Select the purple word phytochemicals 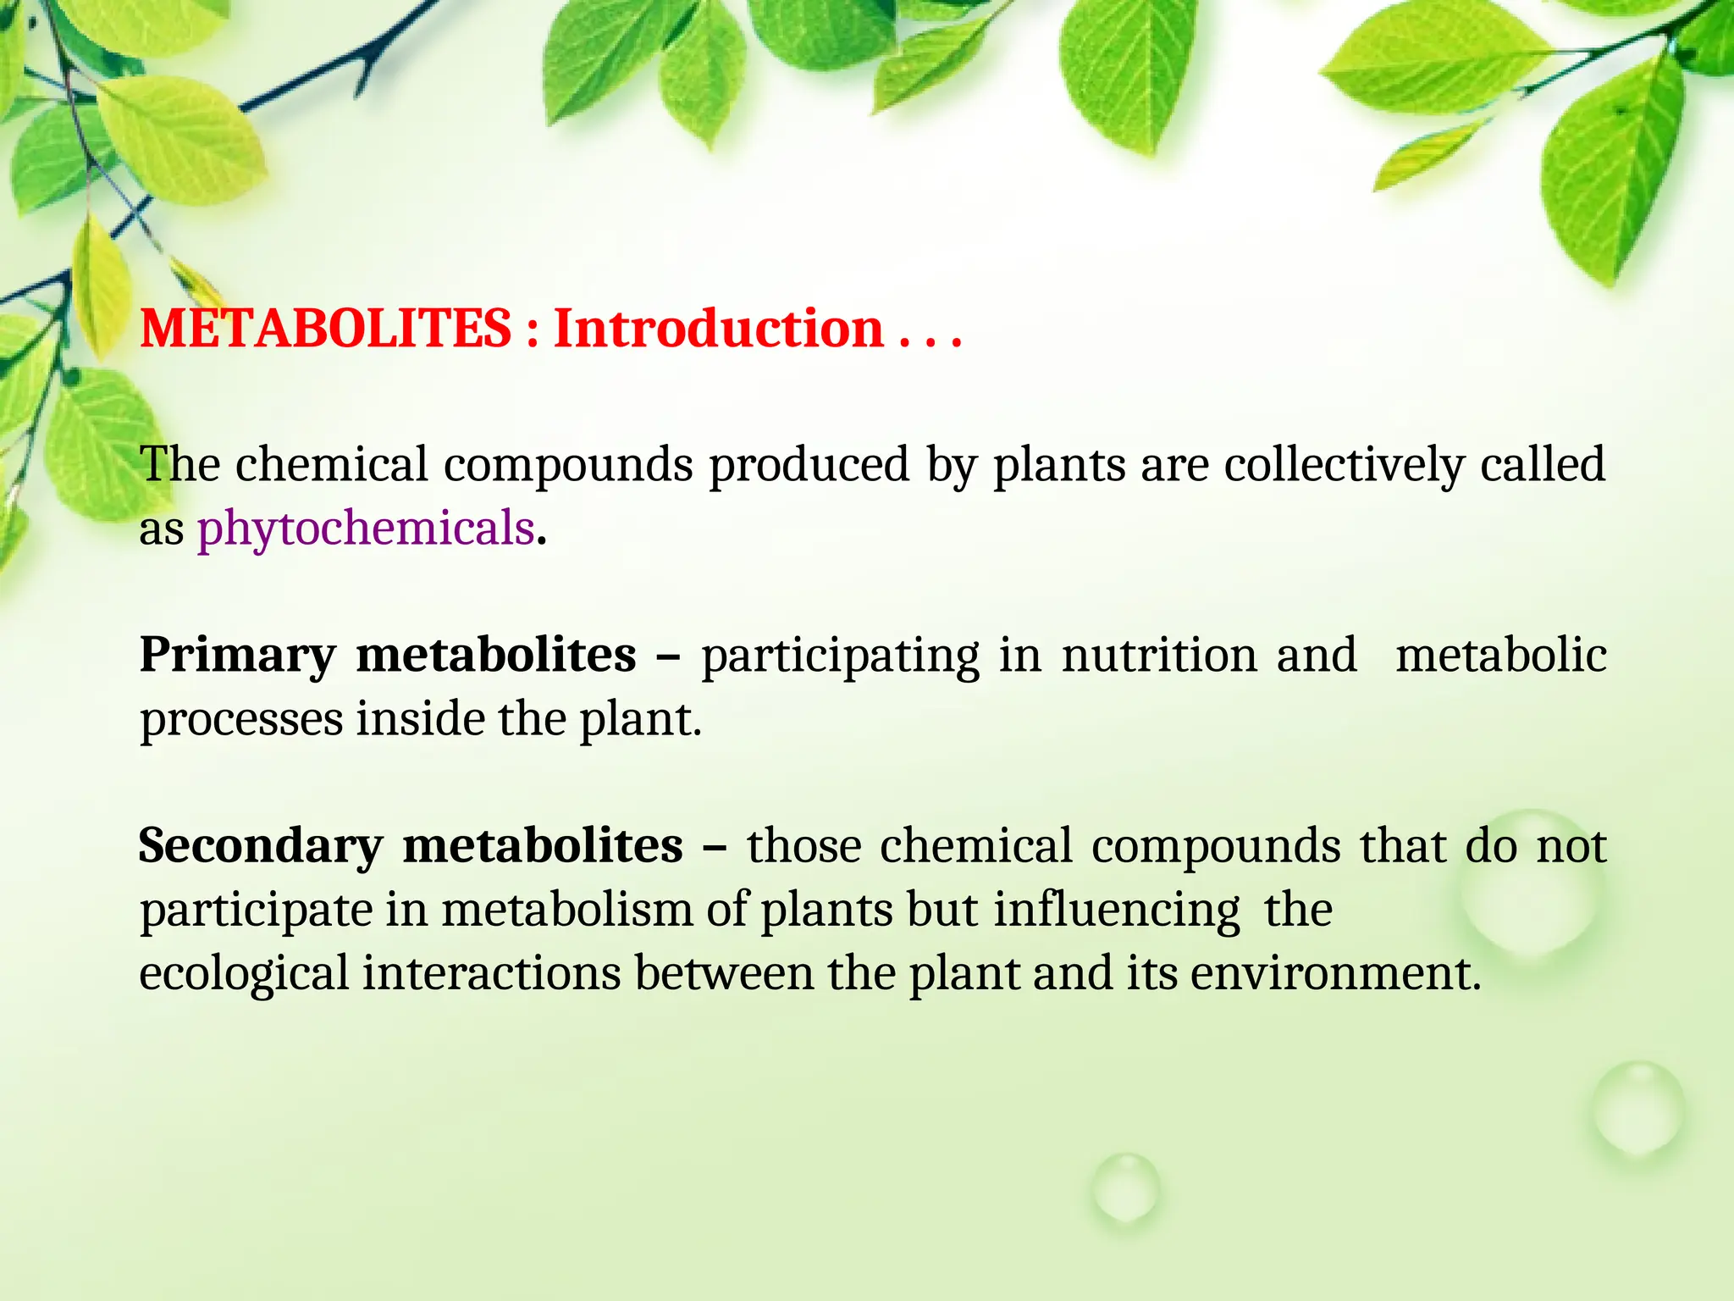pyautogui.click(x=366, y=529)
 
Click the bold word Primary pyautogui.click(x=238, y=656)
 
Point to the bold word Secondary pyautogui.click(x=261, y=846)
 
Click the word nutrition pyautogui.click(x=1159, y=656)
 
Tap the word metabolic pyautogui.click(x=1500, y=656)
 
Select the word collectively pyautogui.click(x=1345, y=465)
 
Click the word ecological pyautogui.click(x=244, y=973)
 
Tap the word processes pyautogui.click(x=241, y=720)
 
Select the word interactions pyautogui.click(x=492, y=973)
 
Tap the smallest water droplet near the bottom pyautogui.click(x=1125, y=1188)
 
